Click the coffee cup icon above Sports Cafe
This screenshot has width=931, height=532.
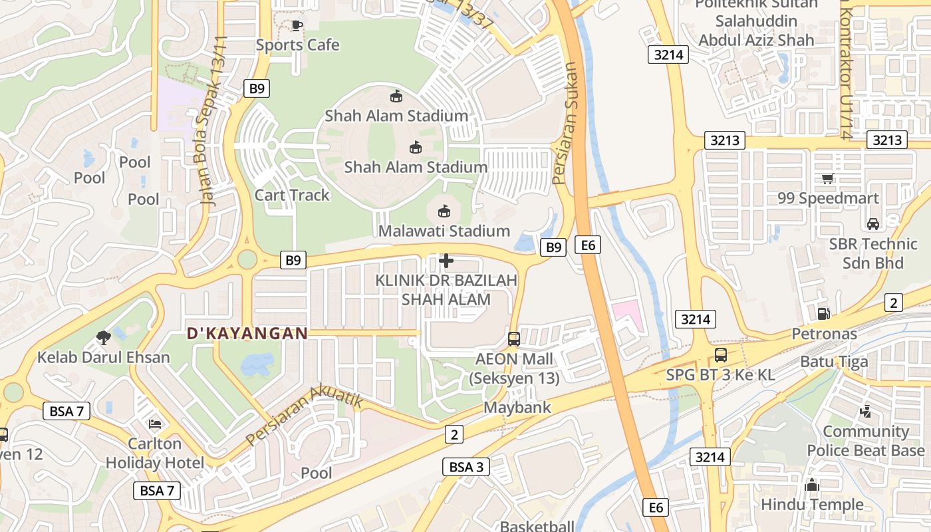point(297,25)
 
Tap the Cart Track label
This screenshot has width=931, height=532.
point(292,195)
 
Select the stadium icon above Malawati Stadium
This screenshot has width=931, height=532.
point(444,211)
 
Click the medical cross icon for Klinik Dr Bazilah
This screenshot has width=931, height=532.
point(446,261)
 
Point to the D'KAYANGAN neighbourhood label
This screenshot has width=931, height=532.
point(247,333)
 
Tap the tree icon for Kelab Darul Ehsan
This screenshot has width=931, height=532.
point(103,338)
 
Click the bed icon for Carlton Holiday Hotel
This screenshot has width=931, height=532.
point(155,424)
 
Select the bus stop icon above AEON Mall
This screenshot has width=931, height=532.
point(514,338)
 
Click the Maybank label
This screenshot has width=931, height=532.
point(517,407)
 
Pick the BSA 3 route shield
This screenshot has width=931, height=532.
point(466,467)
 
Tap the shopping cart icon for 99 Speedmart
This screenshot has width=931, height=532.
point(827,178)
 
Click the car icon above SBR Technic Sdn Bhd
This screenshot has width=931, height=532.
point(873,223)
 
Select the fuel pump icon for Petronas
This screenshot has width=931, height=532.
point(823,313)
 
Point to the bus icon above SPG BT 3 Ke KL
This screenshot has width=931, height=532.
point(721,355)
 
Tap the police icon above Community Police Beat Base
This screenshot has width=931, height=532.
point(865,412)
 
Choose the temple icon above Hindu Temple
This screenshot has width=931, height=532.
point(812,485)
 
